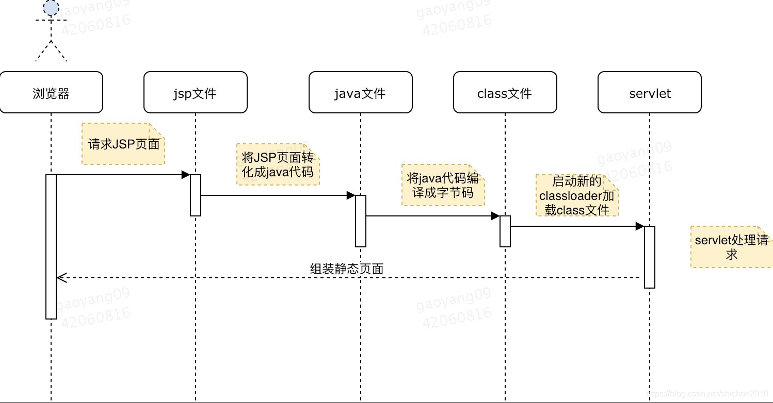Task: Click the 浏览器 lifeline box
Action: (51, 92)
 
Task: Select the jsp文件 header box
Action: (195, 92)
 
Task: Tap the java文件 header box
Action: (360, 92)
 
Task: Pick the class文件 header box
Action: (505, 92)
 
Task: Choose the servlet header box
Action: (649, 92)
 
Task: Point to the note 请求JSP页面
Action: (123, 144)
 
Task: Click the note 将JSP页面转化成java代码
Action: (278, 164)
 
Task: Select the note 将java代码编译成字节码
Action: (443, 185)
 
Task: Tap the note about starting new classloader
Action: (577, 195)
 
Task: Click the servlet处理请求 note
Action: (731, 247)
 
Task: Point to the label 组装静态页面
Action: (347, 268)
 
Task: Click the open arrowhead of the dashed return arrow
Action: (61, 278)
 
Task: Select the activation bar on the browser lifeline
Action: (51, 246)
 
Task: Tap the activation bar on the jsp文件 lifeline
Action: (195, 195)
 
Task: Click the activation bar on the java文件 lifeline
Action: (360, 221)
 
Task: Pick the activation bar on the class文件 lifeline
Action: (505, 231)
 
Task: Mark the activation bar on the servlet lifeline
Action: (649, 257)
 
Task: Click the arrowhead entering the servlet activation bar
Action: (639, 226)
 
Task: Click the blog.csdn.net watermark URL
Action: (710, 394)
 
